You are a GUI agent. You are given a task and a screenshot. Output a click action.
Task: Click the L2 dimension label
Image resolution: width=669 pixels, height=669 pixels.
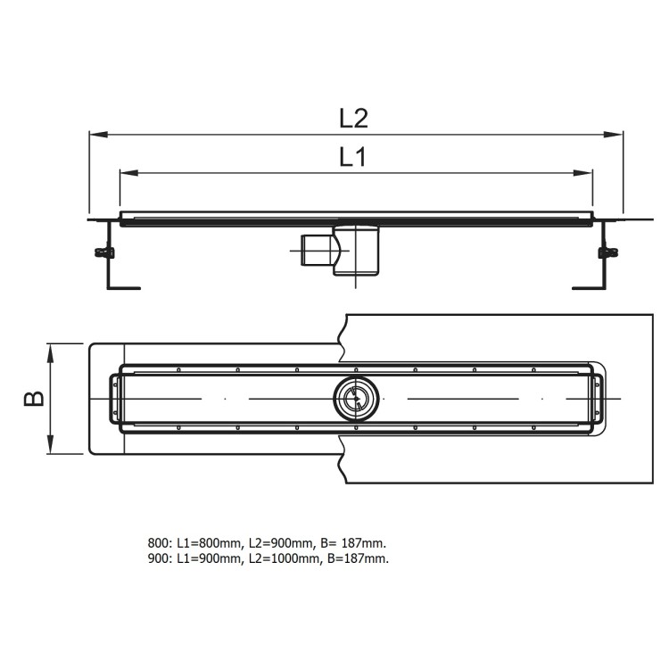coord(354,117)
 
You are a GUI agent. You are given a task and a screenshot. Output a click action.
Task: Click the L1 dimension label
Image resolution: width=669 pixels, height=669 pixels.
coord(354,158)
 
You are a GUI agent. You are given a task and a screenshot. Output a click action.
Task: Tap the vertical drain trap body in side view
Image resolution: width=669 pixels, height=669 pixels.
coord(359,252)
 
